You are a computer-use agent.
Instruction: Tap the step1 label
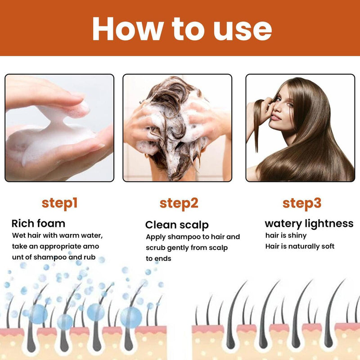click(60, 203)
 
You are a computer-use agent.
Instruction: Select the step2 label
click(179, 203)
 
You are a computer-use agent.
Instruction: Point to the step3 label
click(301, 203)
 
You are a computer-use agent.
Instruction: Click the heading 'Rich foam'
click(38, 224)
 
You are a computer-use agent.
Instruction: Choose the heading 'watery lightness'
click(309, 224)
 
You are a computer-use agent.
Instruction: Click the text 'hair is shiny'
click(286, 235)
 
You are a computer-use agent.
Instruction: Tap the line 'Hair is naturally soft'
click(300, 247)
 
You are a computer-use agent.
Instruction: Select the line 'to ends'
click(158, 259)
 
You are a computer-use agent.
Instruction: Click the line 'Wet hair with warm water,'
click(58, 235)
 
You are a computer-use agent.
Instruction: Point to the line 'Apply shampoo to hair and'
click(193, 237)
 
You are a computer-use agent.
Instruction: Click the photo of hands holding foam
click(59, 128)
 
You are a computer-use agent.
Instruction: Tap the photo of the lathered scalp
click(177, 128)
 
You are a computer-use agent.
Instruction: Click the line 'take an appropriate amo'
click(55, 247)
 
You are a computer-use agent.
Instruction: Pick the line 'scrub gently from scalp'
click(186, 248)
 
